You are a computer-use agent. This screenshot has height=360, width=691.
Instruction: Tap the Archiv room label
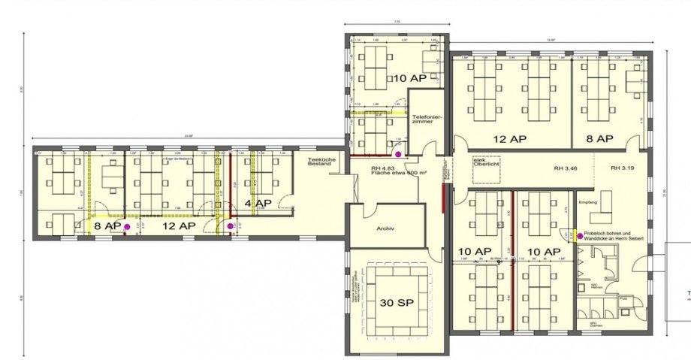(x=385, y=228)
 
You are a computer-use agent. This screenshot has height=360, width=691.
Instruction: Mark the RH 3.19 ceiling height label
(x=624, y=167)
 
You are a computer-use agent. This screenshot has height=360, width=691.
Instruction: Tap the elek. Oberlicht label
(x=484, y=164)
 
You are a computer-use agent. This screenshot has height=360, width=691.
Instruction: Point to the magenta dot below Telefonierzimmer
(x=409, y=153)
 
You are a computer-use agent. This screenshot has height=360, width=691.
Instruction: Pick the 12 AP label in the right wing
(x=508, y=139)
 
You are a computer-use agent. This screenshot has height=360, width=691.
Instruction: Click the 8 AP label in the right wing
(x=600, y=139)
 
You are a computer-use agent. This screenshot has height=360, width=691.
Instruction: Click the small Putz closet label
(x=623, y=298)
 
